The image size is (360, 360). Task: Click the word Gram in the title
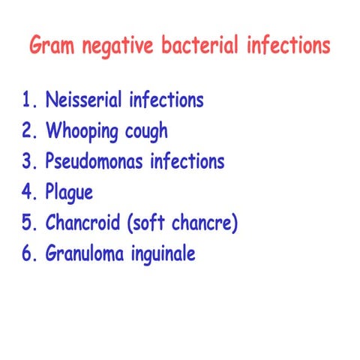coord(52,46)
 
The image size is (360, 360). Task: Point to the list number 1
coord(28,100)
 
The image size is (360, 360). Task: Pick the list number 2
coord(28,130)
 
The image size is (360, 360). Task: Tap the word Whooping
coord(81,132)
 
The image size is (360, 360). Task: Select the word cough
coord(145,132)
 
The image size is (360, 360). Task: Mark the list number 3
coord(28,161)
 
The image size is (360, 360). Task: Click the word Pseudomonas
coord(94,161)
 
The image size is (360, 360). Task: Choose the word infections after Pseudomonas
coord(187,161)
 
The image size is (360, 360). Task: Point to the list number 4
coord(28,192)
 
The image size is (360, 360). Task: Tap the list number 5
coord(28,223)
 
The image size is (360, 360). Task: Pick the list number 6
coord(28,253)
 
